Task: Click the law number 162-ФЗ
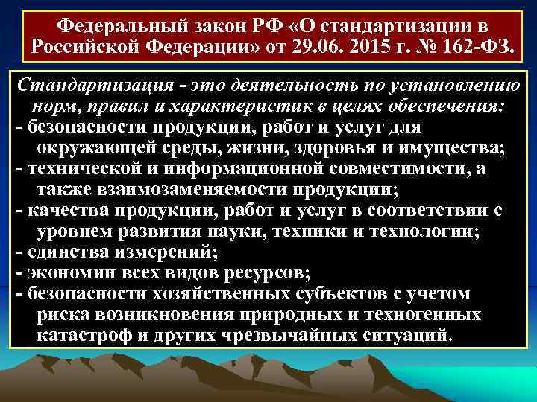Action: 493,47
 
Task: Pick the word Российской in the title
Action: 80,47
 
